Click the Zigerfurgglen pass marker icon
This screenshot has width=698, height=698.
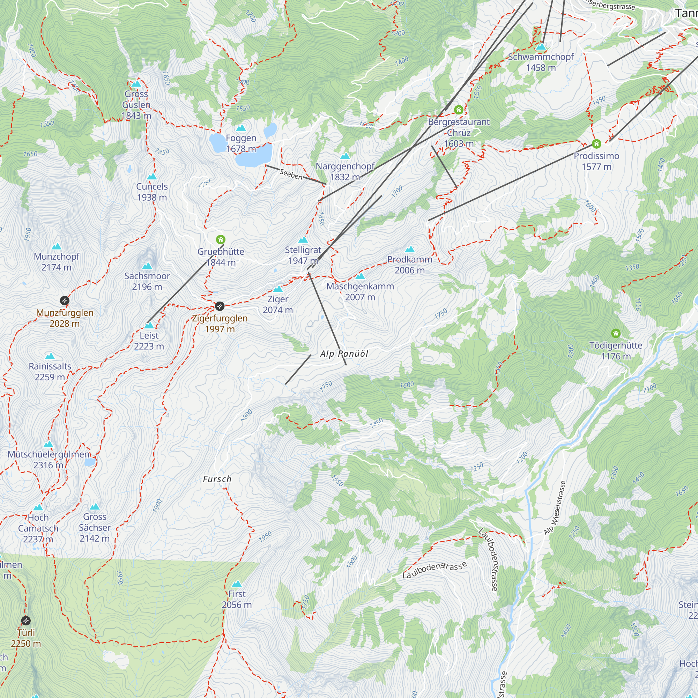(220, 306)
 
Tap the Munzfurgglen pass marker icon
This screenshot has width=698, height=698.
(64, 300)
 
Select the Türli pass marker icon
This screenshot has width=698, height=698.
(25, 621)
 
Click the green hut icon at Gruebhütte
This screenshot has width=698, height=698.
(220, 239)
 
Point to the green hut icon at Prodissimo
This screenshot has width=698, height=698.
(596, 144)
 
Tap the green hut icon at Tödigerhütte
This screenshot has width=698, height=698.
(616, 333)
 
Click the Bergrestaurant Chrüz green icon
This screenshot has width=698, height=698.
(459, 110)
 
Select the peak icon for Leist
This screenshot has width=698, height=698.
(149, 325)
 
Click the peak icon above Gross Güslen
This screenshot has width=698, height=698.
(136, 84)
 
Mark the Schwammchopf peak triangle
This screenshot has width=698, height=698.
(541, 47)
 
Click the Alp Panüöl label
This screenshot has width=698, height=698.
(344, 354)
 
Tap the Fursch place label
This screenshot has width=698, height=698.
(217, 479)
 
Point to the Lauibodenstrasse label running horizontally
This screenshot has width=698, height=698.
(435, 570)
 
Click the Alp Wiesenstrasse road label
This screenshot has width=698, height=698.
(555, 507)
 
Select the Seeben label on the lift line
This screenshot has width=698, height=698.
(291, 175)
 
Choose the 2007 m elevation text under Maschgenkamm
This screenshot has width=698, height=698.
(360, 297)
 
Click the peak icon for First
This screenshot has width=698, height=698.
(237, 584)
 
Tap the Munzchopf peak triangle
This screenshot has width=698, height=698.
(56, 246)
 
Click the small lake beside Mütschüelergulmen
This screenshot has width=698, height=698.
(90, 462)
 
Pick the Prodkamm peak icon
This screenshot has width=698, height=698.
(410, 249)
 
